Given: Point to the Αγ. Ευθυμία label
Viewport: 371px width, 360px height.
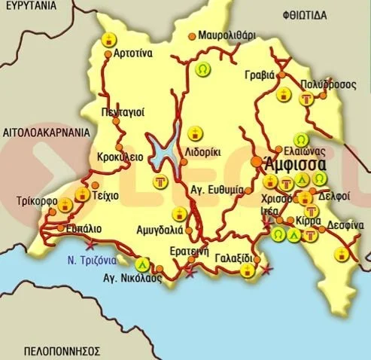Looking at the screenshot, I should [x=218, y=190].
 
